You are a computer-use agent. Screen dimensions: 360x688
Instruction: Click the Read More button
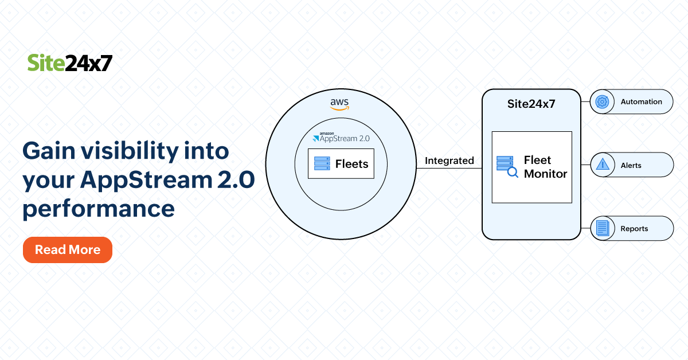[68, 250]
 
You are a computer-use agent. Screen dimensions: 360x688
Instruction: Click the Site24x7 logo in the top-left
[70, 63]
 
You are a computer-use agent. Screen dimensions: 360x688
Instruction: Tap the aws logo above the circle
[339, 104]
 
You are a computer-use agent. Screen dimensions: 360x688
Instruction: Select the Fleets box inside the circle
[341, 164]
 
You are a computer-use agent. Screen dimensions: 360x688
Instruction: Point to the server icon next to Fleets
[321, 164]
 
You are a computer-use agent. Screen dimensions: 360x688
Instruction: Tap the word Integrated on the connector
[449, 161]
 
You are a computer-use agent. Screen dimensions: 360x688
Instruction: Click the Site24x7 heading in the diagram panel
[531, 104]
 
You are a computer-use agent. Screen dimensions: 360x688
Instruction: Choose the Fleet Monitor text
[545, 167]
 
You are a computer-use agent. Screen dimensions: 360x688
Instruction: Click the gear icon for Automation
[602, 102]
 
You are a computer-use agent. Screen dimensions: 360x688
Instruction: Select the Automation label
[641, 102]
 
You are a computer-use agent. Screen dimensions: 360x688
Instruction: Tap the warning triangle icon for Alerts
[602, 165]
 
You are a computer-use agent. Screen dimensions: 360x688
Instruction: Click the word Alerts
[631, 166]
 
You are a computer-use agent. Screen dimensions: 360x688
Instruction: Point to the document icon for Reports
[602, 228]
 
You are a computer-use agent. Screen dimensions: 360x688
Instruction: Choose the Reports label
[634, 229]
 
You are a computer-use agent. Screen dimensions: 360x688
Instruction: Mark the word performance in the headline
[98, 209]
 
